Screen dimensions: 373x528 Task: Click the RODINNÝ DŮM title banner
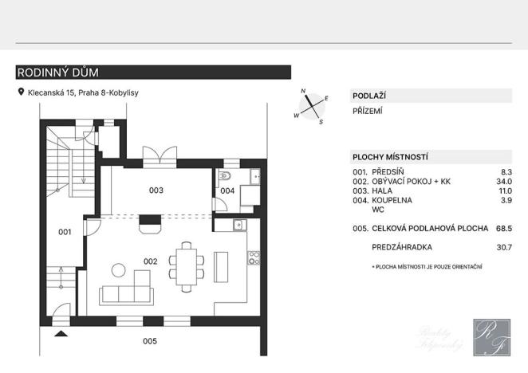(x=153, y=73)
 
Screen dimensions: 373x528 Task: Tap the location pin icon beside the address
(x=22, y=92)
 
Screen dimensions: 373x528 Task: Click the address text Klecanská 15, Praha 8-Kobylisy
(x=83, y=93)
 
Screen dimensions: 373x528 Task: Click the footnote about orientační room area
(x=427, y=265)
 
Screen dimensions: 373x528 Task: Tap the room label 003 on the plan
(x=156, y=190)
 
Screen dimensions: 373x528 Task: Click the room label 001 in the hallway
(x=65, y=232)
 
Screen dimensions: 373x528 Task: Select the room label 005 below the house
(x=150, y=341)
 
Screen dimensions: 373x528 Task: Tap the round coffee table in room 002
(x=118, y=269)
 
